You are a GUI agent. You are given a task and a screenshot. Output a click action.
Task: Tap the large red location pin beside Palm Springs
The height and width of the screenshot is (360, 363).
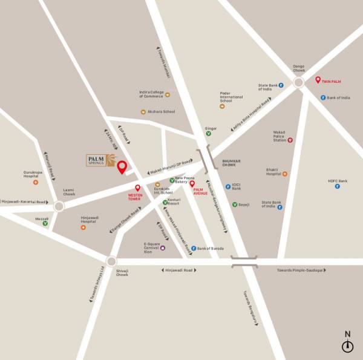click(122, 167)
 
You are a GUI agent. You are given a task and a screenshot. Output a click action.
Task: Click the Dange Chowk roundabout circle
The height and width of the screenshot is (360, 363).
click(298, 83)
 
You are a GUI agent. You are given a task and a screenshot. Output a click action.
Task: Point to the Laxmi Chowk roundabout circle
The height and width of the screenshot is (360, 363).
click(58, 206)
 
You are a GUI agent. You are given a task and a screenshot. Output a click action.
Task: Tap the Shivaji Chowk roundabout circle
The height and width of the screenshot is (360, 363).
click(111, 261)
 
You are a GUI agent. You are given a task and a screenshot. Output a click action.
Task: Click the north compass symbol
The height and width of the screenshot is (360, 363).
click(347, 346)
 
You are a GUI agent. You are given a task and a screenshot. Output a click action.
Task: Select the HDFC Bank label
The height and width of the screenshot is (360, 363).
click(338, 181)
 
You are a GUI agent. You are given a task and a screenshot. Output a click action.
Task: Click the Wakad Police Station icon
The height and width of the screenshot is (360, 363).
click(290, 140)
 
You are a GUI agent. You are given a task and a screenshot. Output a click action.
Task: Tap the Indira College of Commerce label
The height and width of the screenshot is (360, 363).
click(151, 94)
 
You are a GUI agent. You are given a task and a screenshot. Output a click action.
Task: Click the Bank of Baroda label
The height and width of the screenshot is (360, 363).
click(211, 248)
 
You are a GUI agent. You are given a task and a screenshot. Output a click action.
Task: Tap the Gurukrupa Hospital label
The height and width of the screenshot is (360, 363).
click(35, 173)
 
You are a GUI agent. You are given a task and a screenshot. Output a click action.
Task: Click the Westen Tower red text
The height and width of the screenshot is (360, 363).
click(134, 197)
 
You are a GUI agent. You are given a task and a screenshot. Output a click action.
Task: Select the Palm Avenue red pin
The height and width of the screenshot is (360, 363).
click(192, 183)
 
